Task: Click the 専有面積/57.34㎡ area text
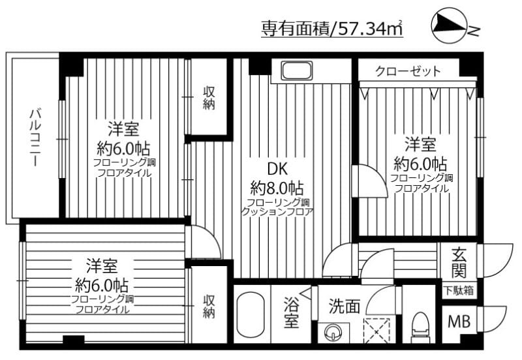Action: point(331,28)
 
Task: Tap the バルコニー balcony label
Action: point(34,138)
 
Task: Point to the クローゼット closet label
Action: point(408,71)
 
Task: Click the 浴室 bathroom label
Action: point(291,312)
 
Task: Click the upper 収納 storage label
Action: point(208,98)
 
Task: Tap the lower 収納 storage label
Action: point(208,307)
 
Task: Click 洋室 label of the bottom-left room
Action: point(101,266)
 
